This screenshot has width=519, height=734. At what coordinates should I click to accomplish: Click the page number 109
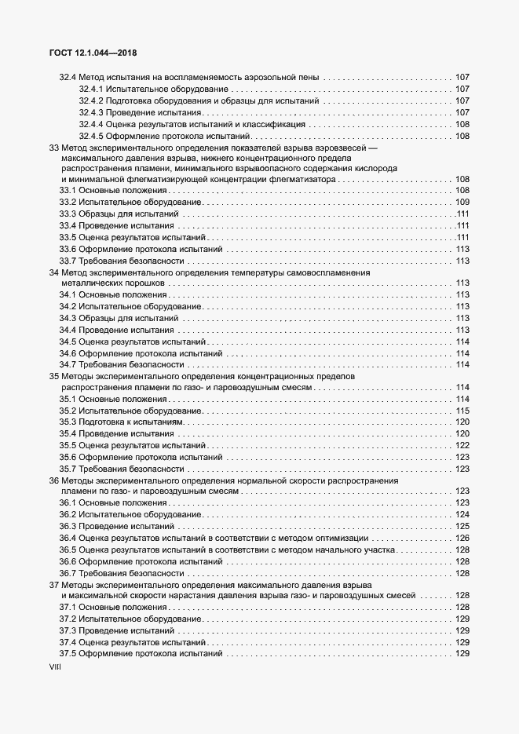[x=462, y=203]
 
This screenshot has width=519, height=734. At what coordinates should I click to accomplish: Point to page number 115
[x=462, y=411]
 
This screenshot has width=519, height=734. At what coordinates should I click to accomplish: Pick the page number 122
[x=462, y=445]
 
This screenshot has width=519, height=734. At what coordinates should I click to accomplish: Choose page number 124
[x=462, y=514]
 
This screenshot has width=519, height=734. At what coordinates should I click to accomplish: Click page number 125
[x=462, y=526]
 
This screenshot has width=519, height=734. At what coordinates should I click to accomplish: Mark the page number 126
[x=462, y=538]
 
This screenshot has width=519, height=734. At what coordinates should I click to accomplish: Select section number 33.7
[x=68, y=261]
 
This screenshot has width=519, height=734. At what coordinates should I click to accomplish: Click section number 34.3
[x=68, y=318]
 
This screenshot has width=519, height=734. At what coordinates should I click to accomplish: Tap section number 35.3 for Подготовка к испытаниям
[x=68, y=422]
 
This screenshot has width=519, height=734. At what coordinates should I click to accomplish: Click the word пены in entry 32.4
[x=309, y=78]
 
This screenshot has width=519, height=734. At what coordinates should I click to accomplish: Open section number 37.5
[x=68, y=654]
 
